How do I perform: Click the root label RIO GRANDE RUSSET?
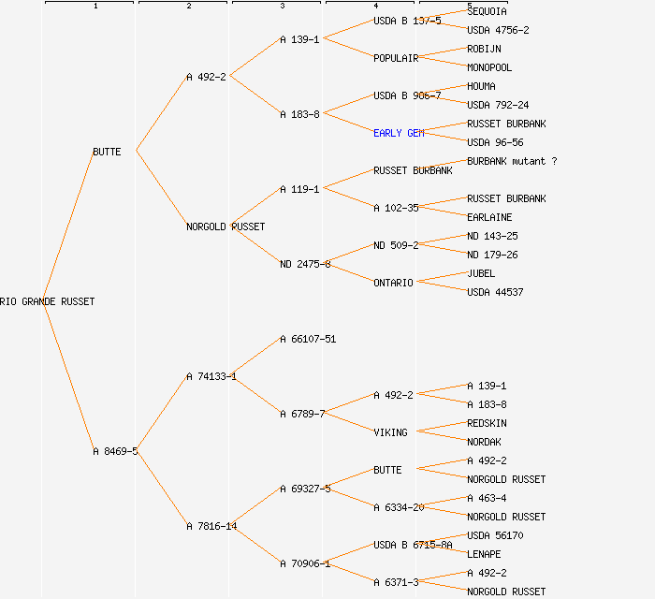point(47,301)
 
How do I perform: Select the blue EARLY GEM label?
point(399,133)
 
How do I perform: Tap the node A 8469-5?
point(115,451)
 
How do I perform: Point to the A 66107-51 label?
point(308,339)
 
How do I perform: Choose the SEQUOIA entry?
point(487,11)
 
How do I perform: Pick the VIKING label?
point(390,432)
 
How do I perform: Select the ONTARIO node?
point(393,283)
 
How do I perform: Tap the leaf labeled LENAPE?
point(484,554)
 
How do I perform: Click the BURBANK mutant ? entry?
point(512,161)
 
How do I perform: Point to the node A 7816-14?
point(211,526)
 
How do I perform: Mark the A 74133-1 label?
point(211,376)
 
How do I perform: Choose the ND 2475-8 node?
point(305,264)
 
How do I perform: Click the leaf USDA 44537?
point(495,292)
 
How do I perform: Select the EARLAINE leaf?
point(489,217)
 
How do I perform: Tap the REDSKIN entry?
point(487,423)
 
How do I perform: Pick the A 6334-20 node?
point(399,507)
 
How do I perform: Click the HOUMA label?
point(481,86)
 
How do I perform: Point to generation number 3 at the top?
point(282,7)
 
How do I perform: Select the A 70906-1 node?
point(305,563)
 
